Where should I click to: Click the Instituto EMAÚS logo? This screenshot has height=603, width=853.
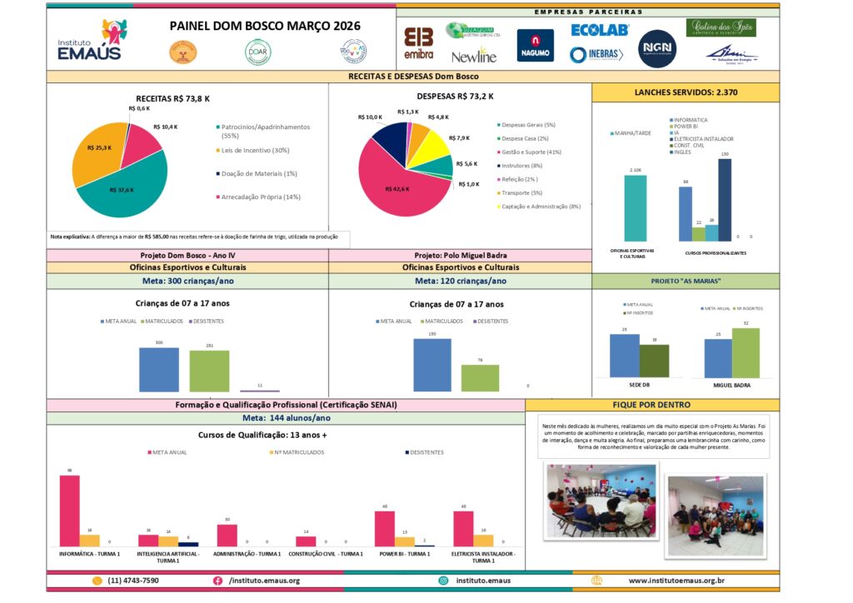89,41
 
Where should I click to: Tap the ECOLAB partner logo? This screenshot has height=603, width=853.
599,30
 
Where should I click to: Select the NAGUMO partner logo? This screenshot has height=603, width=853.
535,46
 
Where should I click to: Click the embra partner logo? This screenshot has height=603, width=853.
419,44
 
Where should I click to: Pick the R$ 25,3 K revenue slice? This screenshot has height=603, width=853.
96,154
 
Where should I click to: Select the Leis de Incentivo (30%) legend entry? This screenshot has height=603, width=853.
254,150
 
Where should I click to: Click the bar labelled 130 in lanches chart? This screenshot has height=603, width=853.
724,199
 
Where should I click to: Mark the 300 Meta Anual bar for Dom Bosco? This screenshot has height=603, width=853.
158,369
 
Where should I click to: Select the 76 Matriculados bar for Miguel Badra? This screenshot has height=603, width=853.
480,377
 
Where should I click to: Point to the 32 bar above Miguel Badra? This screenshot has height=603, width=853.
746,352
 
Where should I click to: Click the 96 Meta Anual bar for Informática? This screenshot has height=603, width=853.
70,510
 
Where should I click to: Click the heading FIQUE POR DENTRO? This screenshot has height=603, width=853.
652,405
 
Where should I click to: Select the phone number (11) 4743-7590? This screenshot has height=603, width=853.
133,581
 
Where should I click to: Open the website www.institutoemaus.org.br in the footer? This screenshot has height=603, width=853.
676,581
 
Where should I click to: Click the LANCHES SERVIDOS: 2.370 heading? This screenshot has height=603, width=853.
685,92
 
